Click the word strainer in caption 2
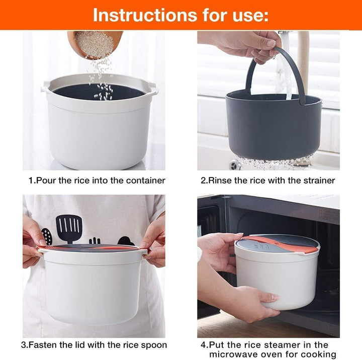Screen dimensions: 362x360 (319, 181)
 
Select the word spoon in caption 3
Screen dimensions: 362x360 (154, 345)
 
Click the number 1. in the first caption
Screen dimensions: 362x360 (32, 181)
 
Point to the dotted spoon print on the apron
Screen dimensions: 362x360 (47, 236)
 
